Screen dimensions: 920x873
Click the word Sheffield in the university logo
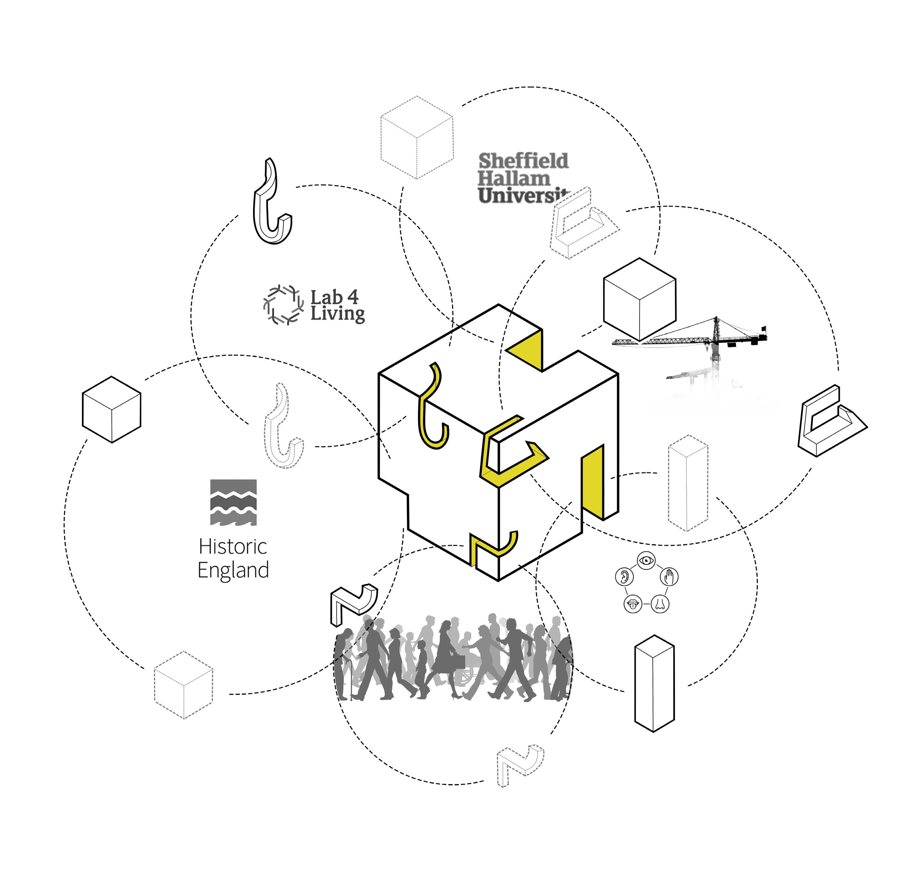coord(523,161)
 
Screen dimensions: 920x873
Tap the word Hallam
coord(514,178)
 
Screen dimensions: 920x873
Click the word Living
coord(338,314)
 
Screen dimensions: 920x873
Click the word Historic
coord(233,547)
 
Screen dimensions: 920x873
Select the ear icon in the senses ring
coord(624,577)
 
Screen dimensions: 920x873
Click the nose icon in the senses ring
coord(660,604)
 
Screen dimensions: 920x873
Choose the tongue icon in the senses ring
coord(632,604)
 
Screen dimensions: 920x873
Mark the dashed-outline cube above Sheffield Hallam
coord(417,137)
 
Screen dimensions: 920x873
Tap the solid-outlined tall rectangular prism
coord(654,683)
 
